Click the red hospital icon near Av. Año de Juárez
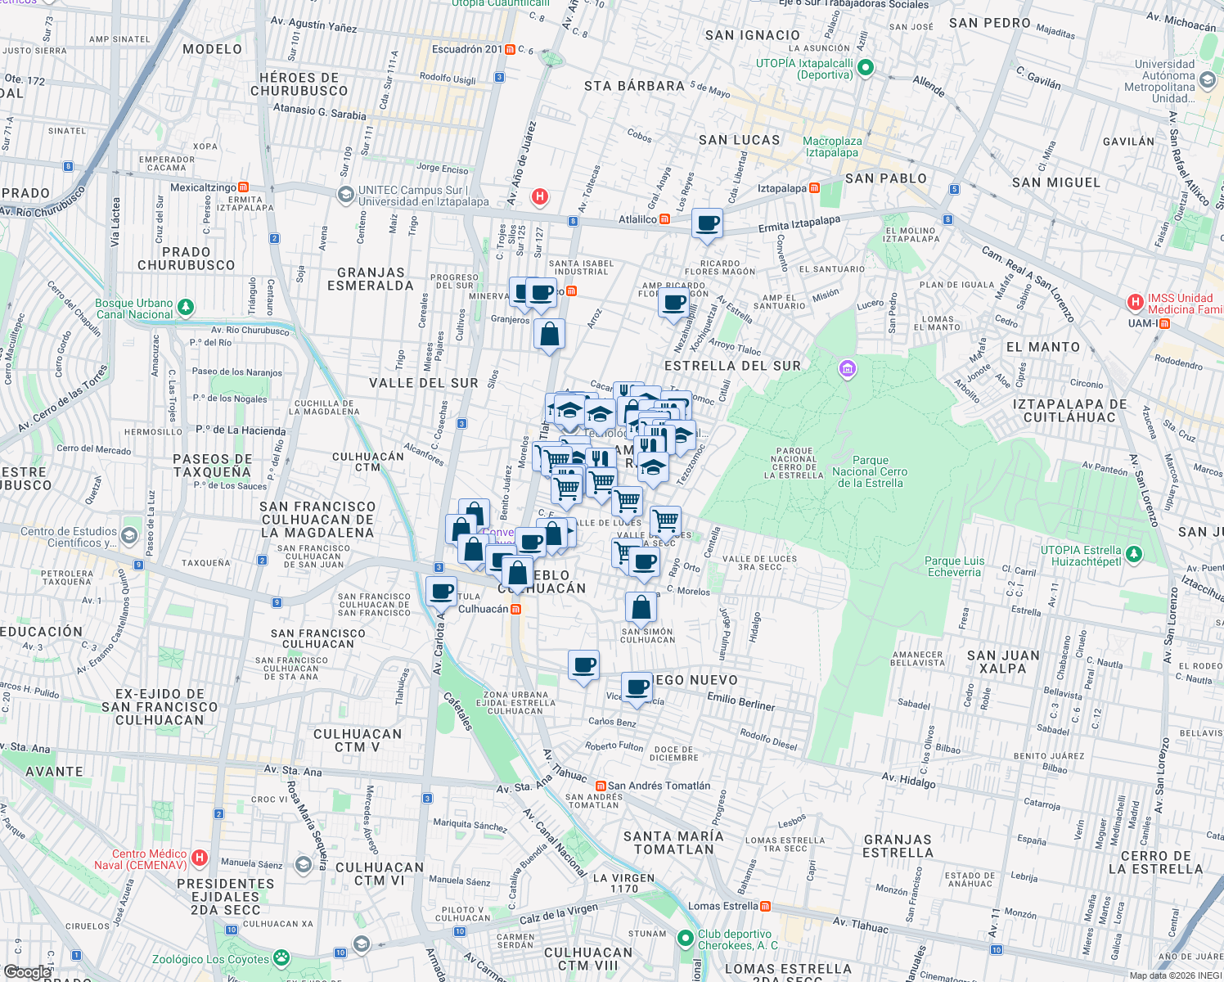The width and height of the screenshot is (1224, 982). coord(539,196)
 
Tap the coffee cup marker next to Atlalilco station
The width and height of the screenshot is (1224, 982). coord(707,223)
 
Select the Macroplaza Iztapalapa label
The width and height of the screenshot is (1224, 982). coord(831,147)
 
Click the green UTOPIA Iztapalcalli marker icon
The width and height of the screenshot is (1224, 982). coord(867,68)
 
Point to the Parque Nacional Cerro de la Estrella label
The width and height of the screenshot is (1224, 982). coord(870,471)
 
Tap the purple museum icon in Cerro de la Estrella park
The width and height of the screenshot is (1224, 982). coord(848,370)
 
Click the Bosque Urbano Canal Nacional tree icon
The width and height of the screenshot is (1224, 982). coord(187,308)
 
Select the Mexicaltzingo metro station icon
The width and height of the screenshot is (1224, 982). coord(243,187)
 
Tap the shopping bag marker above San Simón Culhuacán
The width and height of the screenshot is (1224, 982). coord(641,608)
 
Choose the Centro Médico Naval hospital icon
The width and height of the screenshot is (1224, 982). coord(200,858)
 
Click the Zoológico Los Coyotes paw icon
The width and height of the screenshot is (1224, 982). coord(281,957)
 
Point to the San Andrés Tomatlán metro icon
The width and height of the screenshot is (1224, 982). coord(601,786)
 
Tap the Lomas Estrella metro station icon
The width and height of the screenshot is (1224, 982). coord(765,906)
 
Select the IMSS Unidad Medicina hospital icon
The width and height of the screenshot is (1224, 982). coord(1135,303)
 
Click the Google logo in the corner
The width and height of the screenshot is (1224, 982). coord(27,971)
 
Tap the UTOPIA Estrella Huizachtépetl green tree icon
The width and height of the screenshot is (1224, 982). coord(1133,554)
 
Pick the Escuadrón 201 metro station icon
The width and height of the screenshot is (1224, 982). coord(510,50)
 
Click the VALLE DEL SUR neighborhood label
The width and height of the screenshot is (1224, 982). coord(423,383)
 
